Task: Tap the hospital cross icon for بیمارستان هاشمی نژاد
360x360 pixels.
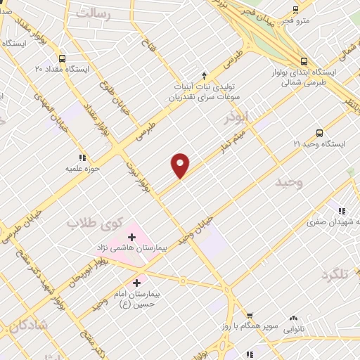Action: click(x=131, y=238)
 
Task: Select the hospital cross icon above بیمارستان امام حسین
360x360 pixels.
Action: click(x=136, y=283)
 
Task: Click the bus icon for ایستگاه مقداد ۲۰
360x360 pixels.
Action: click(x=63, y=58)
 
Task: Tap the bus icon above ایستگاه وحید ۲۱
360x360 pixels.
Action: click(x=319, y=132)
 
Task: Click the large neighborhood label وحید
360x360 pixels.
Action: click(x=288, y=183)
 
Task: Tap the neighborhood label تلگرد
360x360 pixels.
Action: click(x=335, y=274)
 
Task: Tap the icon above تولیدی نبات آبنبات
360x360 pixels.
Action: click(x=204, y=75)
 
